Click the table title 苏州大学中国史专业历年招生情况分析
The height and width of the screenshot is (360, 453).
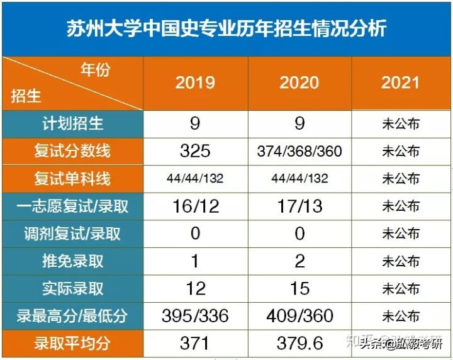[226, 29]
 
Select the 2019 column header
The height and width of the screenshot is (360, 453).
[195, 82]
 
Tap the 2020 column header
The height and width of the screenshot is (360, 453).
[299, 82]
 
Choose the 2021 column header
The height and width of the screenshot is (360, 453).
[400, 82]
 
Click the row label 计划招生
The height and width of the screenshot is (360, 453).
[72, 123]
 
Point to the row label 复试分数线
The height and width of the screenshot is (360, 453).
[72, 151]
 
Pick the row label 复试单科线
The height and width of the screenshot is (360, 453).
[72, 179]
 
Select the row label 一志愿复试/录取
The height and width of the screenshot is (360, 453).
[72, 206]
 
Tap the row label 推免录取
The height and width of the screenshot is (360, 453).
[72, 261]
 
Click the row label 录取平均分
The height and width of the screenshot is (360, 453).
[72, 344]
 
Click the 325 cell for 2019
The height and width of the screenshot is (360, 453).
[195, 151]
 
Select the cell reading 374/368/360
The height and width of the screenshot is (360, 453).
[299, 151]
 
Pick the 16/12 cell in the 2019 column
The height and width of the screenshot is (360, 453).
[195, 206]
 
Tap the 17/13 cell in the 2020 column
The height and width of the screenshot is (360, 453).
[299, 206]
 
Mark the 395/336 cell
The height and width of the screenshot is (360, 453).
[195, 316]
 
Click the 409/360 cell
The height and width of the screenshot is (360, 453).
[299, 316]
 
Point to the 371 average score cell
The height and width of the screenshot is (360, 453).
[195, 344]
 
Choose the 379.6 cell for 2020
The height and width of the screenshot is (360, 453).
[299, 344]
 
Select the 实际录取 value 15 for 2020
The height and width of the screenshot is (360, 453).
[299, 288]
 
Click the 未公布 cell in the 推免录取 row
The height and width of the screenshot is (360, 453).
[400, 261]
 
